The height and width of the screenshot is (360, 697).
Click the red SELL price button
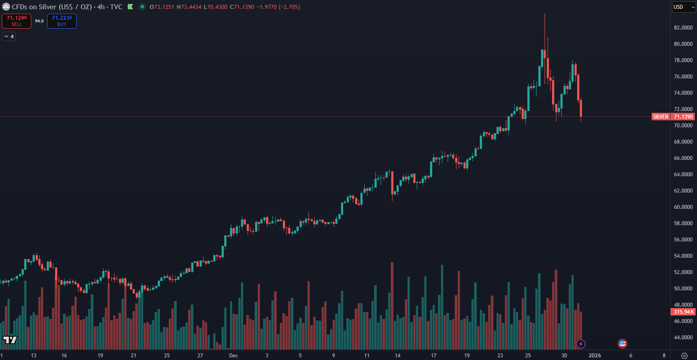point(17,21)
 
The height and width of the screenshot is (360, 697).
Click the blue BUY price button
point(62,21)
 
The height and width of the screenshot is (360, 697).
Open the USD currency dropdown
point(683,7)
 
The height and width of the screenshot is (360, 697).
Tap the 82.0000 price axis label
point(683,28)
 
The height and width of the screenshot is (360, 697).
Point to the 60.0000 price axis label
point(683,207)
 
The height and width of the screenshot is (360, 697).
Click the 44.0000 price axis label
point(683,338)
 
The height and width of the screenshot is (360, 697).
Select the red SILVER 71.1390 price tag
point(673,117)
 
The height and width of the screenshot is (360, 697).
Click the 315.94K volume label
point(683,312)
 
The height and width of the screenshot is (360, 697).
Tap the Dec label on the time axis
point(234,356)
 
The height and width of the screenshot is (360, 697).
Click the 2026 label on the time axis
point(595,356)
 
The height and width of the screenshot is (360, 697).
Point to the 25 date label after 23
point(528,356)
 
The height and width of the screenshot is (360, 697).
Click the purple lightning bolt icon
point(581,344)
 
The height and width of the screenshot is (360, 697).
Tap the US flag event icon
point(622,343)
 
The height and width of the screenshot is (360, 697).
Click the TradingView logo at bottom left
point(10,340)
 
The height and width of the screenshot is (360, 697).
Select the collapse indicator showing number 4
point(9,37)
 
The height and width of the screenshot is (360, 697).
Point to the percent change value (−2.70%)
point(289,7)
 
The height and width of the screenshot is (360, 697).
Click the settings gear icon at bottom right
point(684,356)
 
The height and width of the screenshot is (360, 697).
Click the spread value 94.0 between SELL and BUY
point(39,21)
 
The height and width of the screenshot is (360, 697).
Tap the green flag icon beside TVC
point(130,7)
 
